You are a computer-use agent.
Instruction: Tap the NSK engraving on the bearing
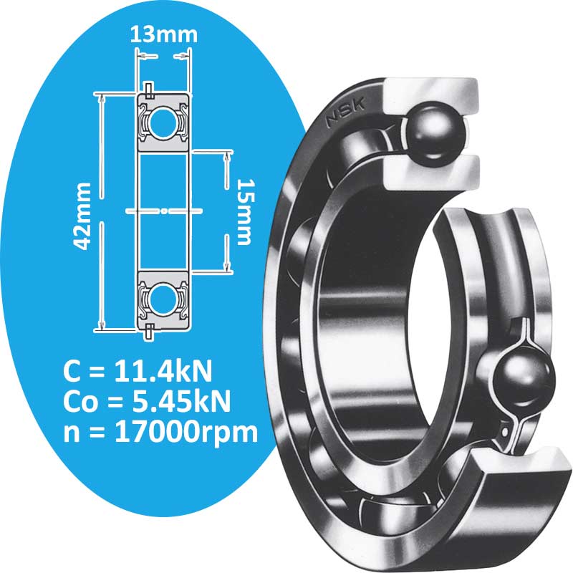coord(345,112)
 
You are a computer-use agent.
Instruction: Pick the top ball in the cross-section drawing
coord(163,117)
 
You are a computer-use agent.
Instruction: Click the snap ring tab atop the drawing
coord(148,89)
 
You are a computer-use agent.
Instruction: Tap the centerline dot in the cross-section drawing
coord(163,211)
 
